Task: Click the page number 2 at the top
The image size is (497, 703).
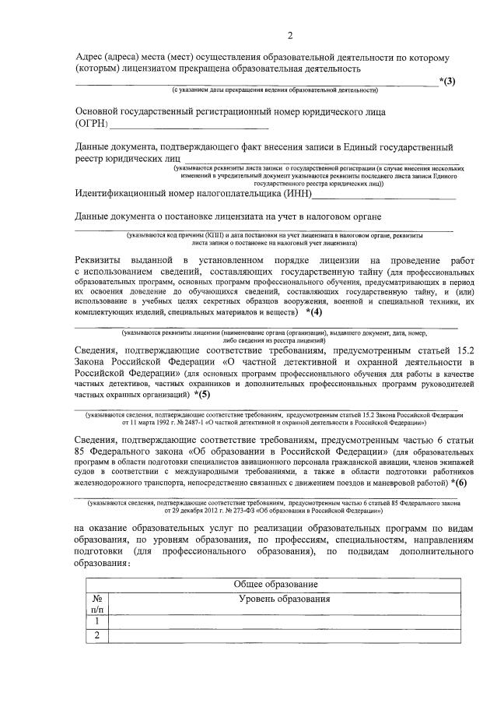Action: pos(290,36)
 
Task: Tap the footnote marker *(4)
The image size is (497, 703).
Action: pos(313,312)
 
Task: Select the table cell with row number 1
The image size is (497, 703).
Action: pos(97,621)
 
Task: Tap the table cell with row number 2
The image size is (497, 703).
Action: pos(97,636)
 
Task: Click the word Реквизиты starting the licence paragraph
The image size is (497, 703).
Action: pos(104,258)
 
